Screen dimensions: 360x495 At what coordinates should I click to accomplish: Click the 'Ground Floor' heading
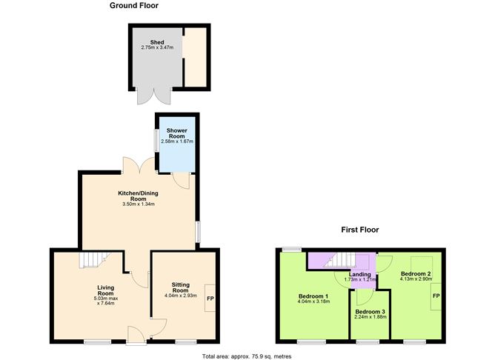133,6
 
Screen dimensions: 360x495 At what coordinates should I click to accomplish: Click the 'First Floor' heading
359,230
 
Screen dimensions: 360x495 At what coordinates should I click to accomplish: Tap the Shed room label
156,42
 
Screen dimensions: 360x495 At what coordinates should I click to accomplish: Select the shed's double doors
153,95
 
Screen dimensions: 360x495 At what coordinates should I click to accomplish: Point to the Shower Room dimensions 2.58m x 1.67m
176,141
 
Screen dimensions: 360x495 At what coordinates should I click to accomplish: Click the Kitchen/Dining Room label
139,196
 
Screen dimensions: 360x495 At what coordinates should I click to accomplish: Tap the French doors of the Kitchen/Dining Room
139,167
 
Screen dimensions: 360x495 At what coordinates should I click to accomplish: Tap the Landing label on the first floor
360,275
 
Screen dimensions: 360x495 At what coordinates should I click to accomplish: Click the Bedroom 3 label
369,312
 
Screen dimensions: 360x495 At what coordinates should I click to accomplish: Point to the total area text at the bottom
247,356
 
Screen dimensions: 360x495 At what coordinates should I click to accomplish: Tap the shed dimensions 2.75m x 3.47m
156,48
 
